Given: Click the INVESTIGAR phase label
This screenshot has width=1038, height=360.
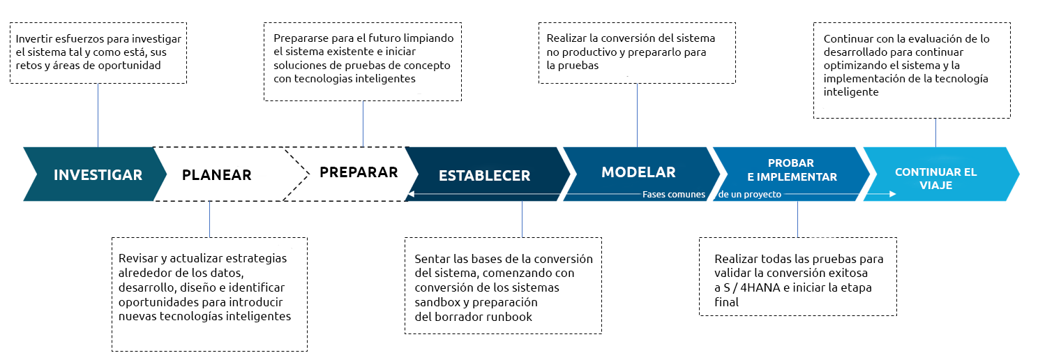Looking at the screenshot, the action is pyautogui.click(x=98, y=174).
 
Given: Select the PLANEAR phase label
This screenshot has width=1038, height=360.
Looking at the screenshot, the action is pyautogui.click(x=216, y=174).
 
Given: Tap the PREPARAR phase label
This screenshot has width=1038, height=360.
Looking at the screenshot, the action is pyautogui.click(x=359, y=172).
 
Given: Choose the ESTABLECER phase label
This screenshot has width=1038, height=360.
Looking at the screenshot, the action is pyautogui.click(x=484, y=176).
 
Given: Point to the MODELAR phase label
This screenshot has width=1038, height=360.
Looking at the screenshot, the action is pyautogui.click(x=638, y=172).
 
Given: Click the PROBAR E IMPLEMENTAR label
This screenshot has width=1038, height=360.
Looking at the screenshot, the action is pyautogui.click(x=792, y=170).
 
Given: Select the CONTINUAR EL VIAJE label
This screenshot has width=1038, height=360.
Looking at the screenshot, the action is pyautogui.click(x=935, y=179).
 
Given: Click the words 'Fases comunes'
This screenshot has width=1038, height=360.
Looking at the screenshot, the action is pyautogui.click(x=673, y=195).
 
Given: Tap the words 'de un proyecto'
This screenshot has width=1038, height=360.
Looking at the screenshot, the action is pyautogui.click(x=750, y=195).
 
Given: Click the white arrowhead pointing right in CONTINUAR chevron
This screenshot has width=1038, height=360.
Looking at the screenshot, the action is pyautogui.click(x=892, y=194).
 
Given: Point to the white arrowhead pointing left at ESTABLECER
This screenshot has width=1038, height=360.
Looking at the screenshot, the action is pyautogui.click(x=411, y=194).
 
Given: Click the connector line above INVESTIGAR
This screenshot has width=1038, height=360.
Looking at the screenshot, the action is pyautogui.click(x=98, y=115).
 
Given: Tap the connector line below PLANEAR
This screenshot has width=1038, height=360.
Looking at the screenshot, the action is pyautogui.click(x=209, y=219).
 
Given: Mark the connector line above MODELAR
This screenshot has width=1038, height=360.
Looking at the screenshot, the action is pyautogui.click(x=637, y=115).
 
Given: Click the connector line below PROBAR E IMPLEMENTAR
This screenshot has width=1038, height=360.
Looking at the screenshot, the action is pyautogui.click(x=797, y=219).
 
